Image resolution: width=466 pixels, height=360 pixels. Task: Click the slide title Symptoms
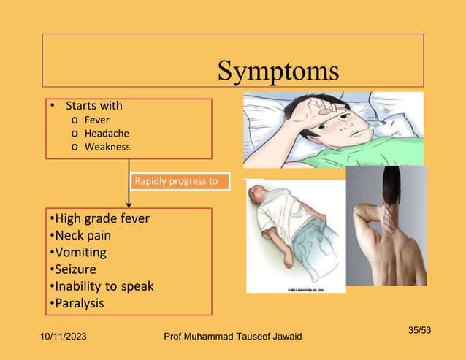click(x=278, y=71)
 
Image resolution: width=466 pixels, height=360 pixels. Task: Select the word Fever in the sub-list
click(x=97, y=120)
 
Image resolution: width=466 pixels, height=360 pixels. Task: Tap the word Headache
click(x=107, y=133)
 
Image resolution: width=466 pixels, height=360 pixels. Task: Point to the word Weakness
click(x=107, y=147)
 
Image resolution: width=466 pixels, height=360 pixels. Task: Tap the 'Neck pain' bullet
click(x=80, y=235)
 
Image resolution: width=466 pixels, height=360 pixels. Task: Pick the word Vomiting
click(x=80, y=253)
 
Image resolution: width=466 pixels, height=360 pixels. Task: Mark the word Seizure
click(x=76, y=269)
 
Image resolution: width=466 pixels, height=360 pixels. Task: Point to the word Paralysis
click(x=79, y=303)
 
